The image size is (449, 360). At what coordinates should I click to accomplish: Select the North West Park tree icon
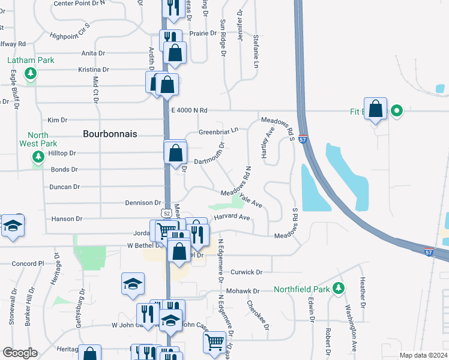click(38, 157)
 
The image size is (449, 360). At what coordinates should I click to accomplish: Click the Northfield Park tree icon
click(339, 289)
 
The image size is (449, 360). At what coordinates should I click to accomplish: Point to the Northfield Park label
click(302, 289)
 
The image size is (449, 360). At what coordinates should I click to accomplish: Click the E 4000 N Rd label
click(189, 110)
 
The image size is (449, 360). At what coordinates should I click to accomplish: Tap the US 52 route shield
click(166, 214)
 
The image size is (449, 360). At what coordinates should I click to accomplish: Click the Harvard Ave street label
click(232, 217)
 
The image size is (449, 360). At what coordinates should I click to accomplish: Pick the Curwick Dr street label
click(246, 272)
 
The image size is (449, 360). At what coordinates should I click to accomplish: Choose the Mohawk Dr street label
click(243, 291)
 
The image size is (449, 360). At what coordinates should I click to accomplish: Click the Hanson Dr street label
click(66, 220)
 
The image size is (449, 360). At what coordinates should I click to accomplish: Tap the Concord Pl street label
click(28, 263)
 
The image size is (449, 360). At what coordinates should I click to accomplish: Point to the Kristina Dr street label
click(94, 70)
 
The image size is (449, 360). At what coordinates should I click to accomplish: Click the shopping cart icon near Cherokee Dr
click(215, 342)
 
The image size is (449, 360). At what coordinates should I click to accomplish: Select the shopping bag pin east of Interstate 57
click(376, 109)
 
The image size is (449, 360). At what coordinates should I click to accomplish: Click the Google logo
click(20, 353)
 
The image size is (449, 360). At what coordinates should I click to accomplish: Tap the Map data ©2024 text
click(423, 355)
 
